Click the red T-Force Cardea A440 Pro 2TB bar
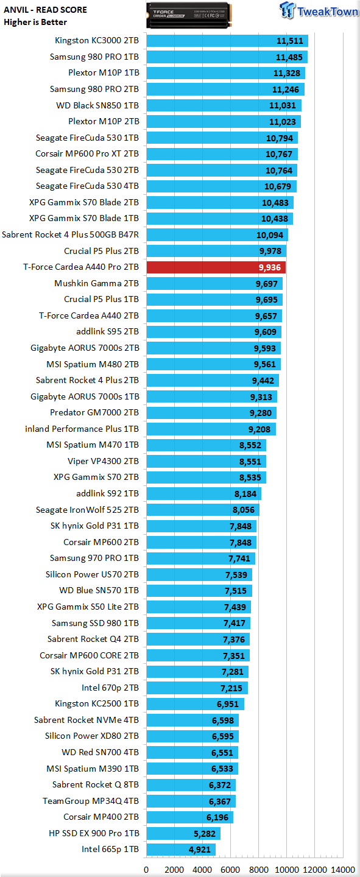(x=216, y=267)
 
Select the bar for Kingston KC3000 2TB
(x=227, y=41)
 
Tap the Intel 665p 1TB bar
(x=181, y=849)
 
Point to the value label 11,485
(x=289, y=57)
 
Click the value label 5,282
(x=205, y=834)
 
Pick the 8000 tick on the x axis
(x=258, y=870)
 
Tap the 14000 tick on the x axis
(x=343, y=870)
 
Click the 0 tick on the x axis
(x=147, y=870)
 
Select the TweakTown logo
(x=319, y=10)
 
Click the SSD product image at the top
(x=189, y=15)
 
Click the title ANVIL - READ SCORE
(x=46, y=10)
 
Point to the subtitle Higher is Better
(x=35, y=22)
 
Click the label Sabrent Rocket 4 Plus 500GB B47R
(x=70, y=234)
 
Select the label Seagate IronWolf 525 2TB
(x=87, y=510)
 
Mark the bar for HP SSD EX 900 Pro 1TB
(x=183, y=833)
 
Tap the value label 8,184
(x=245, y=494)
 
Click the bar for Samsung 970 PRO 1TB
(x=201, y=558)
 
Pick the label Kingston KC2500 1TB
(x=97, y=703)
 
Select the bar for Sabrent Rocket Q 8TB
(x=191, y=784)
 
